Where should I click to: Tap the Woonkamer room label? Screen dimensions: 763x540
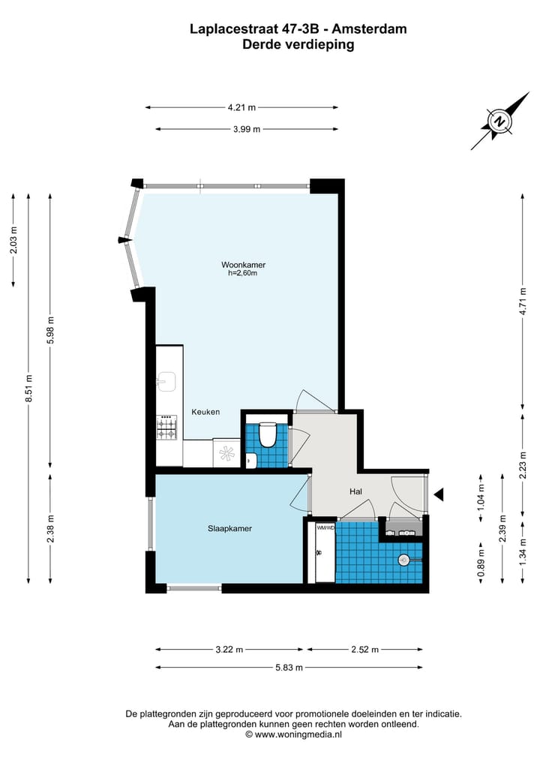(x=243, y=265)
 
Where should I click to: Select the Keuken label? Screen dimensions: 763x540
(x=205, y=412)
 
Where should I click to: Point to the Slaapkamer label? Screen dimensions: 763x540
(x=229, y=528)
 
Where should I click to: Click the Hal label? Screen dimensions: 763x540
(x=356, y=491)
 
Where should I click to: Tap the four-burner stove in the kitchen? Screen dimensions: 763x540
(x=167, y=428)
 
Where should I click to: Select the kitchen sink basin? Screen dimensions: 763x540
(x=166, y=382)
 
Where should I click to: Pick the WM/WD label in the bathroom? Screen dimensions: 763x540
(x=325, y=527)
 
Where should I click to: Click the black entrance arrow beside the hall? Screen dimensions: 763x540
(x=439, y=494)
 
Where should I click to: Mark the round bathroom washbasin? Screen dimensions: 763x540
(x=404, y=559)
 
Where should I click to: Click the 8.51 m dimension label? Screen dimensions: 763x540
(x=29, y=388)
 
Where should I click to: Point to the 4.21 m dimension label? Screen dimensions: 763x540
(x=241, y=107)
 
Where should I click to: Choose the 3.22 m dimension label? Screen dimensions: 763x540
(x=229, y=650)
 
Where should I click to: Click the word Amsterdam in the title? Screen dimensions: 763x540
(x=370, y=29)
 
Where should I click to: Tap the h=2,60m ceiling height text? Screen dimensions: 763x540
(x=243, y=274)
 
